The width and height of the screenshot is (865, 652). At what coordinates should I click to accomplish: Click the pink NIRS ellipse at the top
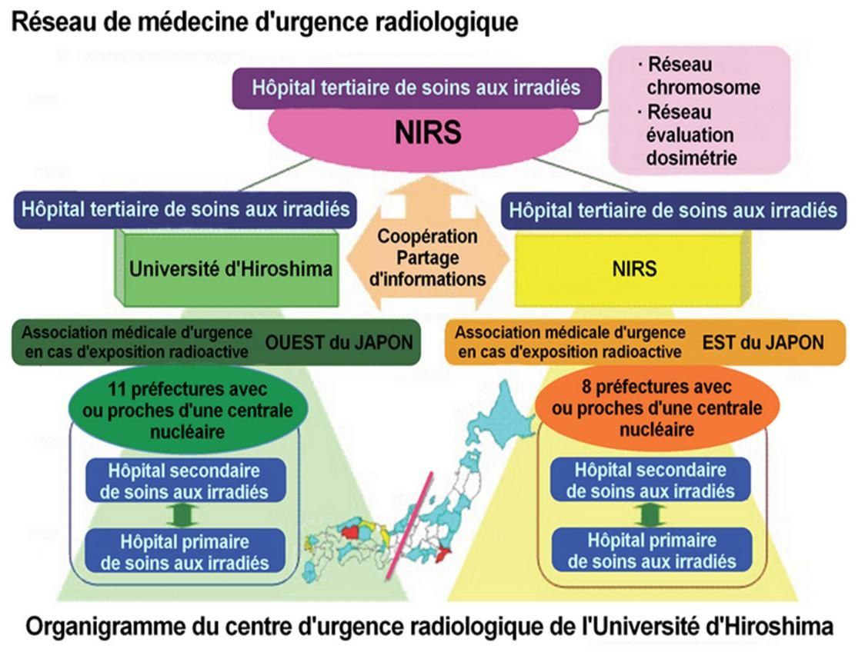click(428, 133)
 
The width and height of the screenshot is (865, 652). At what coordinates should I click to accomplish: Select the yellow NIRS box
click(634, 268)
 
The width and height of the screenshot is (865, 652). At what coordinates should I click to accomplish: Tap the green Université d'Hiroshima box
click(230, 268)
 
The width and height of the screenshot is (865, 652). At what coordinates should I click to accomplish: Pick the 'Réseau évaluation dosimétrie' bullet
click(690, 135)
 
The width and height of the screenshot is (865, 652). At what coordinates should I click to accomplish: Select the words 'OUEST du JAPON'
click(339, 341)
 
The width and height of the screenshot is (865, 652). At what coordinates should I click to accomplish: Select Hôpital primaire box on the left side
click(185, 551)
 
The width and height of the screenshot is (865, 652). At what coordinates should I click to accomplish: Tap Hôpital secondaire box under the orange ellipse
click(650, 480)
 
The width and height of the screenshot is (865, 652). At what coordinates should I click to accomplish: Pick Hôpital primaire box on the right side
click(651, 551)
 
